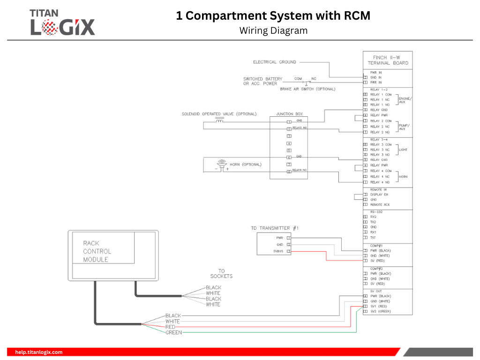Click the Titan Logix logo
(63, 22)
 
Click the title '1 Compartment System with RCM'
(273, 16)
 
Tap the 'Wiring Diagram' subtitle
(273, 31)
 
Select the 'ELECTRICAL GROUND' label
(275, 62)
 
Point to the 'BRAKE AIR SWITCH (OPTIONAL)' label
(307, 89)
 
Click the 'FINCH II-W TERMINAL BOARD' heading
(388, 60)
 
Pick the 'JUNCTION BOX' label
(289, 114)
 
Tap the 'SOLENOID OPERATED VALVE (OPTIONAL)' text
(219, 114)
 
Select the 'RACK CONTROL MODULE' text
(97, 251)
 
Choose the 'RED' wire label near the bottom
(170, 327)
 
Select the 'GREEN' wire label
(173, 332)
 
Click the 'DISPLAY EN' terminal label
(379, 195)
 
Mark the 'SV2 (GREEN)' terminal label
(381, 311)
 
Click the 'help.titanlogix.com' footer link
(39, 352)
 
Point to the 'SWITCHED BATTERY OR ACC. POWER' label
(262, 81)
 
